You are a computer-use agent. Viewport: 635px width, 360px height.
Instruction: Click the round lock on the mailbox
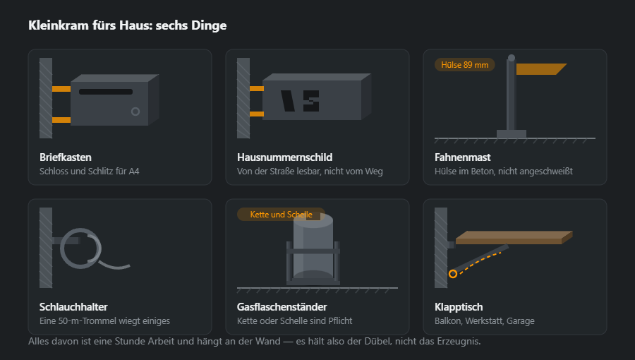(135, 112)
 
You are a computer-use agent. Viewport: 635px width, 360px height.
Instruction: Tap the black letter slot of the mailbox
(106, 92)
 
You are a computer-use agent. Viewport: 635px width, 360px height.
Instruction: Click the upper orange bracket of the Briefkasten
(61, 89)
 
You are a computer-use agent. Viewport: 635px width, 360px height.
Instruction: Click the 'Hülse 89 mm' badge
(464, 65)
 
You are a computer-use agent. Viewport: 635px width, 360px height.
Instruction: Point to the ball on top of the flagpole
(512, 58)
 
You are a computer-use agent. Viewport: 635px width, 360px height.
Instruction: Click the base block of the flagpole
(512, 134)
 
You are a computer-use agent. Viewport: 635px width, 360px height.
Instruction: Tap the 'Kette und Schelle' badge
(281, 214)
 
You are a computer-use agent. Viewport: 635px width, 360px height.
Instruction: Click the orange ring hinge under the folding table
(453, 274)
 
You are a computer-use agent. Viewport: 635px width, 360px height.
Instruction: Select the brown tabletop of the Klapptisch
(514, 238)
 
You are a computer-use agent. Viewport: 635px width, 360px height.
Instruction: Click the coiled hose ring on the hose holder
(80, 248)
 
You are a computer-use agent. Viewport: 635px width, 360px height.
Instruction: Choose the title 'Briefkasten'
(66, 157)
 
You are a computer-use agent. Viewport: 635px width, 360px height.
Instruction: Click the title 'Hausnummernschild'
(285, 157)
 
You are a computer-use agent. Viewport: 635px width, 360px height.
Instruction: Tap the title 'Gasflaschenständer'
(282, 307)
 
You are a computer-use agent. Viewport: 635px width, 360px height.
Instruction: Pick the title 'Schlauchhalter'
(73, 307)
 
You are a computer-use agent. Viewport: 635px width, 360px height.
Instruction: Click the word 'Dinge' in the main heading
(209, 25)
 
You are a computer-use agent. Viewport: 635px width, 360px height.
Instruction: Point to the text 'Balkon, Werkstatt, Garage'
(484, 320)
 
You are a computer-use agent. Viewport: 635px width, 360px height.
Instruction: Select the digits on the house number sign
(300, 101)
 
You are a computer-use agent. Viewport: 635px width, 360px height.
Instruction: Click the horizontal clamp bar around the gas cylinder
(313, 251)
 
